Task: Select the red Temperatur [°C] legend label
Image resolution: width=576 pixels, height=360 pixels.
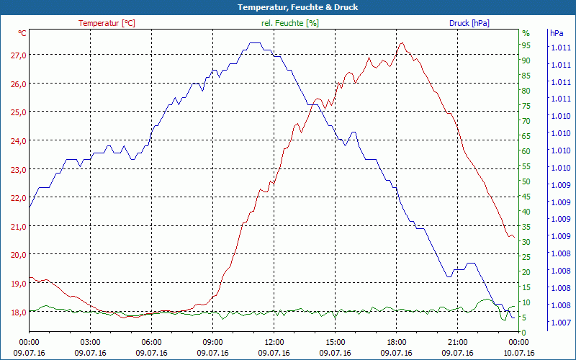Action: click(x=107, y=23)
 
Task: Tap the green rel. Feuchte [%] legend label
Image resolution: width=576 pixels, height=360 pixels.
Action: click(x=289, y=23)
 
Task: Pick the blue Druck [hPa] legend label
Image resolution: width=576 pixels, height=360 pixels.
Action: click(x=469, y=23)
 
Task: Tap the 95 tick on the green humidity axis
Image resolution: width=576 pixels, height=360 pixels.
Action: click(x=526, y=45)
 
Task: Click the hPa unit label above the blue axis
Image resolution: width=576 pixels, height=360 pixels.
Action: click(x=556, y=33)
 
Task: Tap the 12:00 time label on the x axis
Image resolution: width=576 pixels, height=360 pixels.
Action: click(x=274, y=342)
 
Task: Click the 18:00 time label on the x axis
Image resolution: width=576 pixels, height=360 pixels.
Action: click(x=397, y=342)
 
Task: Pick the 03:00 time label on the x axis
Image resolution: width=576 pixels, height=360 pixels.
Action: click(x=91, y=342)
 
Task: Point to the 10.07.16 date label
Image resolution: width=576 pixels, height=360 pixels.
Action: click(x=519, y=353)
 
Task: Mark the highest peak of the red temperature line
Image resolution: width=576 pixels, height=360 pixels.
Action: click(x=401, y=43)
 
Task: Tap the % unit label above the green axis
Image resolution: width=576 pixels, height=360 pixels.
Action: click(x=526, y=33)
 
